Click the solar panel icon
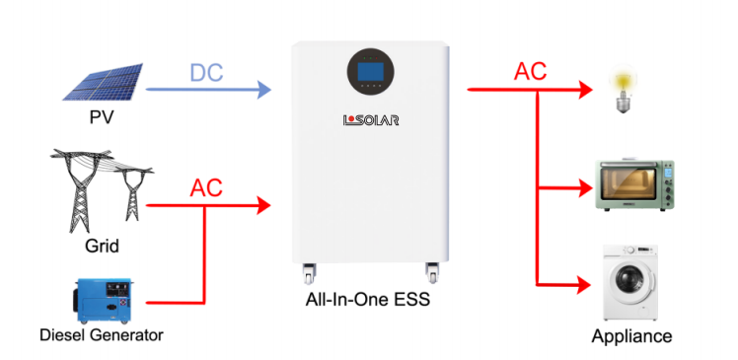coord(104,82)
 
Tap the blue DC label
coord(206,72)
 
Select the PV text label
coord(102,116)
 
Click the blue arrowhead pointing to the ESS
coord(263,89)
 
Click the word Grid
coord(102,246)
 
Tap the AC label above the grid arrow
coord(206,188)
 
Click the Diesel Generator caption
coord(102,335)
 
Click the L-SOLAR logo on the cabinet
coord(371,120)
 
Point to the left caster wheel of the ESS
coord(309,273)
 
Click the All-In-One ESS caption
coord(368,300)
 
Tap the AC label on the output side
coord(531,72)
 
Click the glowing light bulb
coord(623,88)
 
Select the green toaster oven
coord(635,185)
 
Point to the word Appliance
coord(631,336)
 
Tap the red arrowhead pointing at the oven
coord(585,188)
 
